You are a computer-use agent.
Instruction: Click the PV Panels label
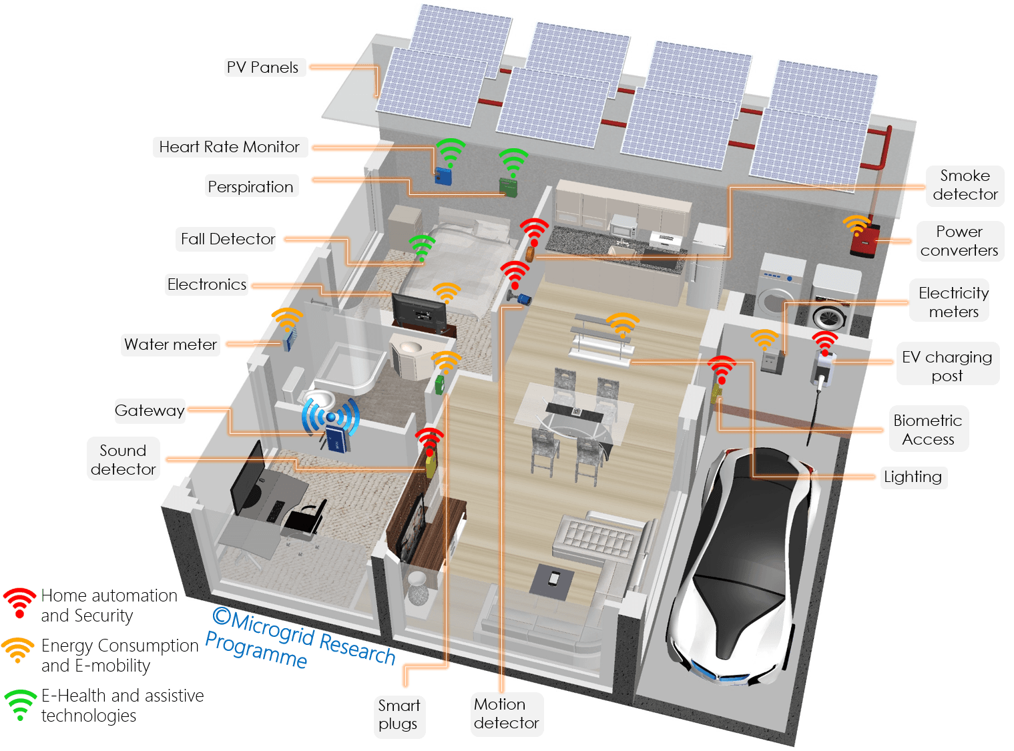262,67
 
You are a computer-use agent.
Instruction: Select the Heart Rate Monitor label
229,147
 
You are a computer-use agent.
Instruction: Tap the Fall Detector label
228,239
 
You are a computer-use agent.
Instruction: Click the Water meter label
170,344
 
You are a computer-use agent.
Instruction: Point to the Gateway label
150,411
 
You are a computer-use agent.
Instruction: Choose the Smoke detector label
965,185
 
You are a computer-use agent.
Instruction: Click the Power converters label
959,241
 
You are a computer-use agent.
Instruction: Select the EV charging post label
947,366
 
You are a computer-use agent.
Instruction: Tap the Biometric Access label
928,429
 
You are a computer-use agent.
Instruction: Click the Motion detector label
506,714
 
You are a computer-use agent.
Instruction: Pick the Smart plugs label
399,714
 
